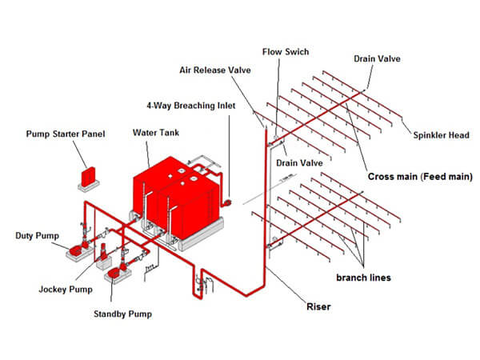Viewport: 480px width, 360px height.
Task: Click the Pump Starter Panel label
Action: click(x=66, y=134)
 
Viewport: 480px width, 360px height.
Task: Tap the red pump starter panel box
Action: click(x=88, y=176)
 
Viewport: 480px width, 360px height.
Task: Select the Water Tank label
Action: click(x=156, y=133)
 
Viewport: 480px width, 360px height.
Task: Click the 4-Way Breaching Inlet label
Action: click(x=191, y=106)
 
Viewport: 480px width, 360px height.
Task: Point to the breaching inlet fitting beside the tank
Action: click(x=227, y=202)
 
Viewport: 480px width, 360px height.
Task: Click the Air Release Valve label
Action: click(x=215, y=70)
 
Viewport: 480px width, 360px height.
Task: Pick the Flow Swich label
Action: click(x=286, y=52)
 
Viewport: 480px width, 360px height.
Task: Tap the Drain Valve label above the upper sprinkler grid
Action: click(x=377, y=58)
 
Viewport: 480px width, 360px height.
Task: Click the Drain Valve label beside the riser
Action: click(x=299, y=163)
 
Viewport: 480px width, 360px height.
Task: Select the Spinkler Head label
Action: click(x=441, y=135)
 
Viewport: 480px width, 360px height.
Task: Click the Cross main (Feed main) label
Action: click(x=420, y=177)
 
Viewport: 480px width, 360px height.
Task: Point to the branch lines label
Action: click(x=363, y=278)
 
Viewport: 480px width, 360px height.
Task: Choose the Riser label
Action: click(x=318, y=306)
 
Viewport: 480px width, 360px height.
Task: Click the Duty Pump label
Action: click(x=37, y=236)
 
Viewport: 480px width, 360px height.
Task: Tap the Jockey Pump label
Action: click(x=66, y=290)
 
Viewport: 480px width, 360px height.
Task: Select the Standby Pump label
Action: click(x=122, y=314)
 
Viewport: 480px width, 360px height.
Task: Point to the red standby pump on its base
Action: click(x=116, y=272)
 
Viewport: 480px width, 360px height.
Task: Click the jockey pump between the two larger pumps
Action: click(x=104, y=252)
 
